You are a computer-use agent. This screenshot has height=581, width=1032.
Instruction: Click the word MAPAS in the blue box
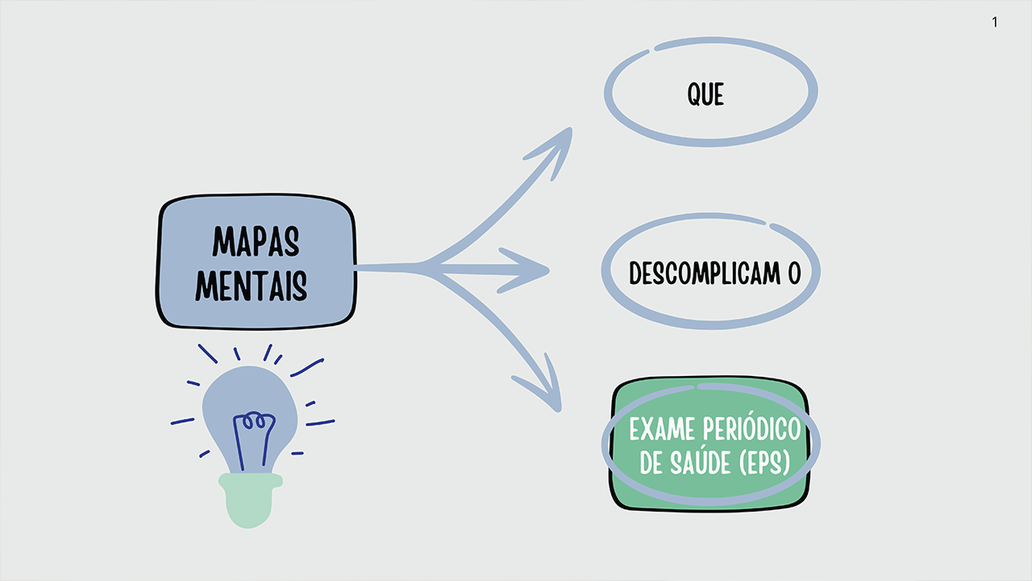click(x=256, y=240)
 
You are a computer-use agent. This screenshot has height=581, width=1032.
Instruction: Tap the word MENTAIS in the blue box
click(x=251, y=286)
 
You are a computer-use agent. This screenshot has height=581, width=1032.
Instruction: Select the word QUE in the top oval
click(x=705, y=94)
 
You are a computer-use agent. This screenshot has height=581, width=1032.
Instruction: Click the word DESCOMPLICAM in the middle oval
click(x=705, y=273)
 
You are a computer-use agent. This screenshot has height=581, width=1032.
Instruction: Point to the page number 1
click(x=995, y=22)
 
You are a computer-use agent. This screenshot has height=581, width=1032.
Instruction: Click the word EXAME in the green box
click(x=662, y=429)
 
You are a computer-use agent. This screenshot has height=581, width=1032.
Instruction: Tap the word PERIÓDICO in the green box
click(x=751, y=428)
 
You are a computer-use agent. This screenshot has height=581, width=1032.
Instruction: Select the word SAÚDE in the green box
click(x=700, y=462)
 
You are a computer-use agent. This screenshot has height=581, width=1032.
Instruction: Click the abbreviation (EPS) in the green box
click(x=764, y=462)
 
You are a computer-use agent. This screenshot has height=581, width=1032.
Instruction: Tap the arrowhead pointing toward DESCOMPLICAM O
click(x=525, y=270)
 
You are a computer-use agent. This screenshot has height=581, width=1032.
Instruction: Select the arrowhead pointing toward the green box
click(x=543, y=387)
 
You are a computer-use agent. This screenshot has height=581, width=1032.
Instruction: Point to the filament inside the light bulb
click(x=253, y=441)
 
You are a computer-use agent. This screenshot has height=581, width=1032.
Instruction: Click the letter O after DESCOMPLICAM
click(x=794, y=273)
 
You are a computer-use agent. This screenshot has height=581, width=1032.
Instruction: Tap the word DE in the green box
click(x=651, y=462)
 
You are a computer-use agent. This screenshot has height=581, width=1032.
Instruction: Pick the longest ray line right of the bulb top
click(x=307, y=367)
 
